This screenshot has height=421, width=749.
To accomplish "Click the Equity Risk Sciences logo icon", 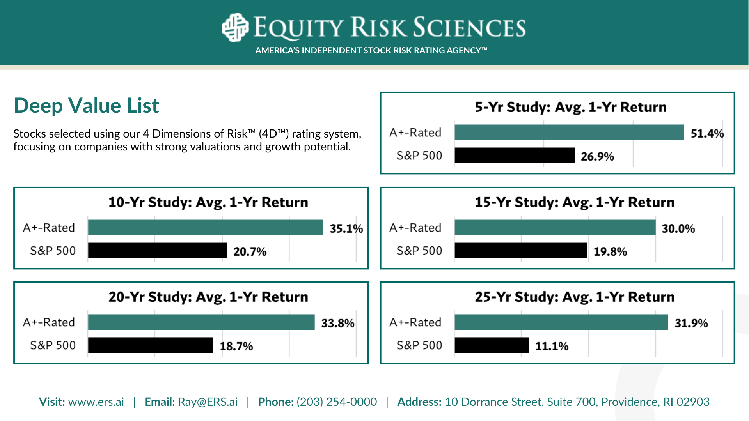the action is [235, 27].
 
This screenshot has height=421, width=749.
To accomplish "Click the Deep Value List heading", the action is [86, 106].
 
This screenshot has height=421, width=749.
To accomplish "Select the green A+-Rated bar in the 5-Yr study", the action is [569, 132].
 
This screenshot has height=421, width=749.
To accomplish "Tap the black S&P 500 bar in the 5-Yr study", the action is [515, 155].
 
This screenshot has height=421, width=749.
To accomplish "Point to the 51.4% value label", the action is [707, 134].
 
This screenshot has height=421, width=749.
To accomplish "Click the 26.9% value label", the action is [597, 156].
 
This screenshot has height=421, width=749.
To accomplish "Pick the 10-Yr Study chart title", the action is [208, 202].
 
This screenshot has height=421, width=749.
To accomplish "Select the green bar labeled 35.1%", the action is [206, 227].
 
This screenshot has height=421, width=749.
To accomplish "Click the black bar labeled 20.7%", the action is [157, 250].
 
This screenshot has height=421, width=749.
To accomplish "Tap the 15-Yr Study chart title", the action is [575, 202].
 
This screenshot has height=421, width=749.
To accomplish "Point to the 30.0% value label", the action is [678, 229].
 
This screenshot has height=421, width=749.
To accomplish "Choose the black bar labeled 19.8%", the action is [521, 250].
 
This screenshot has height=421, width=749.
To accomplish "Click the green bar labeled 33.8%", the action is [201, 322].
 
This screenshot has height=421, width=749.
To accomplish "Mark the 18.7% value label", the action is [236, 346].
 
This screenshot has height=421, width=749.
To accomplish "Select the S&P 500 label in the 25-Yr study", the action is [419, 345].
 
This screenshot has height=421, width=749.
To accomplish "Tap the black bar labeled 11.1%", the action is [492, 345].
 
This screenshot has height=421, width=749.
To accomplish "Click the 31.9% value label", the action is [691, 324].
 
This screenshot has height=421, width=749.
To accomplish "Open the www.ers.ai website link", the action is [96, 402].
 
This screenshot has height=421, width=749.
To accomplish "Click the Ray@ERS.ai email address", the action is [208, 402].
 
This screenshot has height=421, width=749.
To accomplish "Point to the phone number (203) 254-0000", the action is [337, 402].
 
